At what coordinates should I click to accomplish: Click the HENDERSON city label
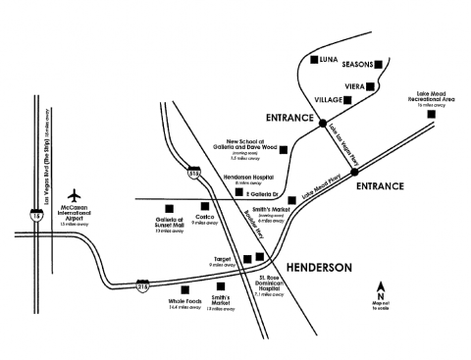pyautogui.click(x=318, y=267)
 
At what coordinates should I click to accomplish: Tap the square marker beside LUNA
pyautogui.click(x=313, y=61)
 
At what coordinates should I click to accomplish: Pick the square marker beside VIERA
pyautogui.click(x=374, y=86)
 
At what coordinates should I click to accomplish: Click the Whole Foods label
pyautogui.click(x=184, y=304)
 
